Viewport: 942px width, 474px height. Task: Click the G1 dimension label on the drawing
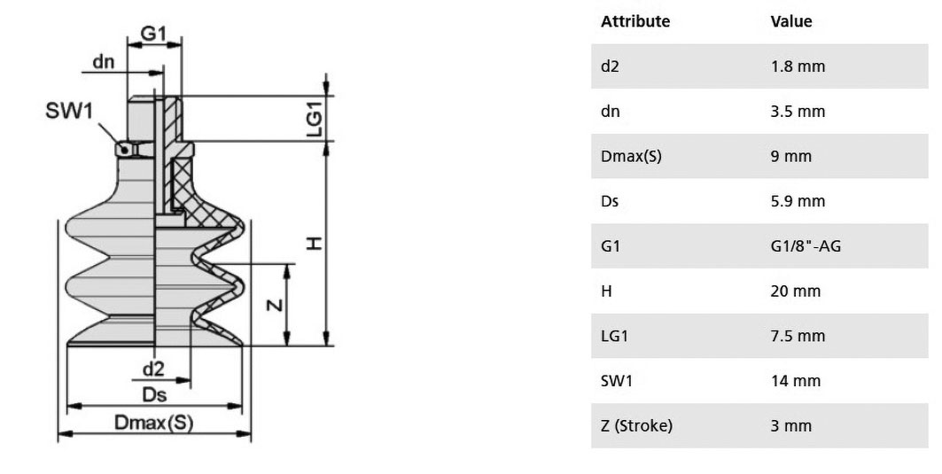coord(153,33)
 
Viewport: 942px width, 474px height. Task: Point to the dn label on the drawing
coord(104,61)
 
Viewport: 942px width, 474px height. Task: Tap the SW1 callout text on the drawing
coord(69,111)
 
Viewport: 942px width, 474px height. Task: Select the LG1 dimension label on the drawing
coord(315,119)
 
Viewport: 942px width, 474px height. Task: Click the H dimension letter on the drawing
coord(315,244)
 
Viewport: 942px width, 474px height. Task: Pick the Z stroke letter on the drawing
coord(275,305)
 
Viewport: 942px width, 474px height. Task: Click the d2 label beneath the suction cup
coord(153,369)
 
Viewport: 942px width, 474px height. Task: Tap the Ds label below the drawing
coord(154,394)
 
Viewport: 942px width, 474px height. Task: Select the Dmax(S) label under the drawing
coord(154,423)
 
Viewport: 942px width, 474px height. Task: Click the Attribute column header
coord(635,21)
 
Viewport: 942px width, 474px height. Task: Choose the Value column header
coord(791,21)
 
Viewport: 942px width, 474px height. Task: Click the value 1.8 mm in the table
coord(798,66)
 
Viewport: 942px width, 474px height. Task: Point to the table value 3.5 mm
coord(798,111)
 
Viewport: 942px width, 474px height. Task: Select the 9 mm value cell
coord(791,156)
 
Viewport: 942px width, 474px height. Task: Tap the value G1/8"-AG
coord(806,245)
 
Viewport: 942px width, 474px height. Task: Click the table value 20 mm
coord(796,291)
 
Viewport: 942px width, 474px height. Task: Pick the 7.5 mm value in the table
coord(798,336)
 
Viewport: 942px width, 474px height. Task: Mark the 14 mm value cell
coord(796,381)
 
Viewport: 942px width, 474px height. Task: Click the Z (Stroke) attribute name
coord(636,426)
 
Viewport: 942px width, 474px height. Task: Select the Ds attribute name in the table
coord(609,201)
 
